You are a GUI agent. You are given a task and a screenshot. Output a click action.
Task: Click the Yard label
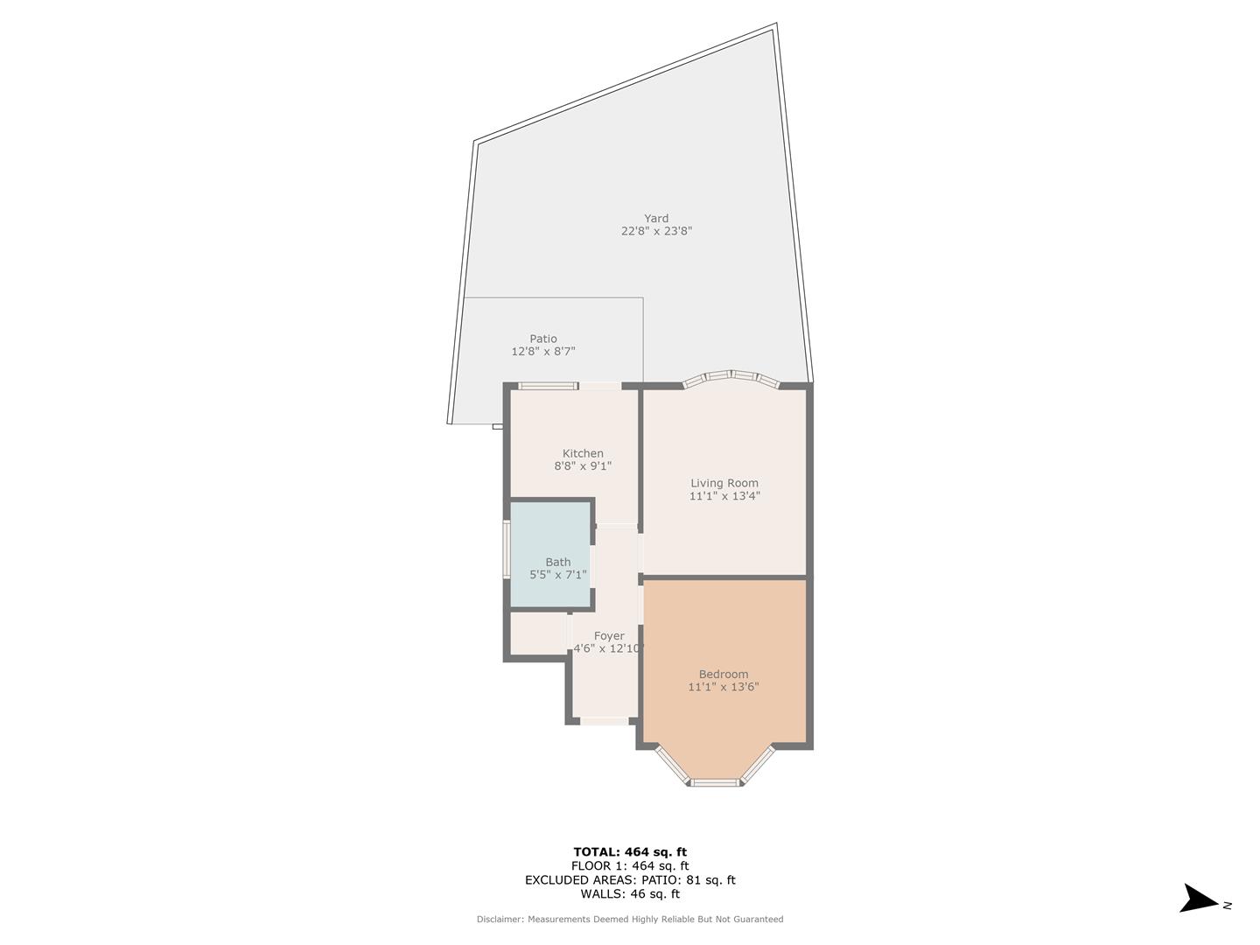(656, 219)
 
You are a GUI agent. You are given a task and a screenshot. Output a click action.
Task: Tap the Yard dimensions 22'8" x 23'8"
(656, 232)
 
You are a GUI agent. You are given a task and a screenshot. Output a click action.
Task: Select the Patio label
(542, 339)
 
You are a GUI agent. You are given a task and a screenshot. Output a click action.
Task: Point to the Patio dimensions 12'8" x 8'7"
(542, 352)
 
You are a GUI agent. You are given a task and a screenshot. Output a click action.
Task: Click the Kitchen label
(583, 453)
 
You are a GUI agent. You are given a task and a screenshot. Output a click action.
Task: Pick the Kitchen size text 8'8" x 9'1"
(583, 466)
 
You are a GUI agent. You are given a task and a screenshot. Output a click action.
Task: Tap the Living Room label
(724, 483)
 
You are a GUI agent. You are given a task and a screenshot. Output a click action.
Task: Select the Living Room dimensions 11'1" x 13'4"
(724, 496)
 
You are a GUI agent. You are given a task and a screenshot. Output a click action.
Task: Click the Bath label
(558, 563)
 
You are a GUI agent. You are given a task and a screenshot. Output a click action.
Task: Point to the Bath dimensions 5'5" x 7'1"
(558, 576)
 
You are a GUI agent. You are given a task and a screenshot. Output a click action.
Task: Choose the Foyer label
(609, 636)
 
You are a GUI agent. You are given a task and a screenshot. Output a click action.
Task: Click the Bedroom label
(724, 674)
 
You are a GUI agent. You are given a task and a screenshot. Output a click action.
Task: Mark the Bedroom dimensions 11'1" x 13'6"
(724, 687)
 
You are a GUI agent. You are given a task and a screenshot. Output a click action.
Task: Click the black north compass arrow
(1197, 899)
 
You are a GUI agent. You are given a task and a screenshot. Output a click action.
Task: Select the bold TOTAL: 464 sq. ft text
(630, 851)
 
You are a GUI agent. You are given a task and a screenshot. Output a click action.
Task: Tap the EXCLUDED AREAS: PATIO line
(630, 880)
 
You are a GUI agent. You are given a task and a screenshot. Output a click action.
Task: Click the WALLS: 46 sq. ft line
(630, 894)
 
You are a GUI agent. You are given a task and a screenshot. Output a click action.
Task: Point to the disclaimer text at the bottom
(630, 920)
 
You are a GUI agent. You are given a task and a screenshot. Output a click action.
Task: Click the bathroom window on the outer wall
(506, 549)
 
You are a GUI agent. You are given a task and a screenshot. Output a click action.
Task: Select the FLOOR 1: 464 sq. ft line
(630, 866)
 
